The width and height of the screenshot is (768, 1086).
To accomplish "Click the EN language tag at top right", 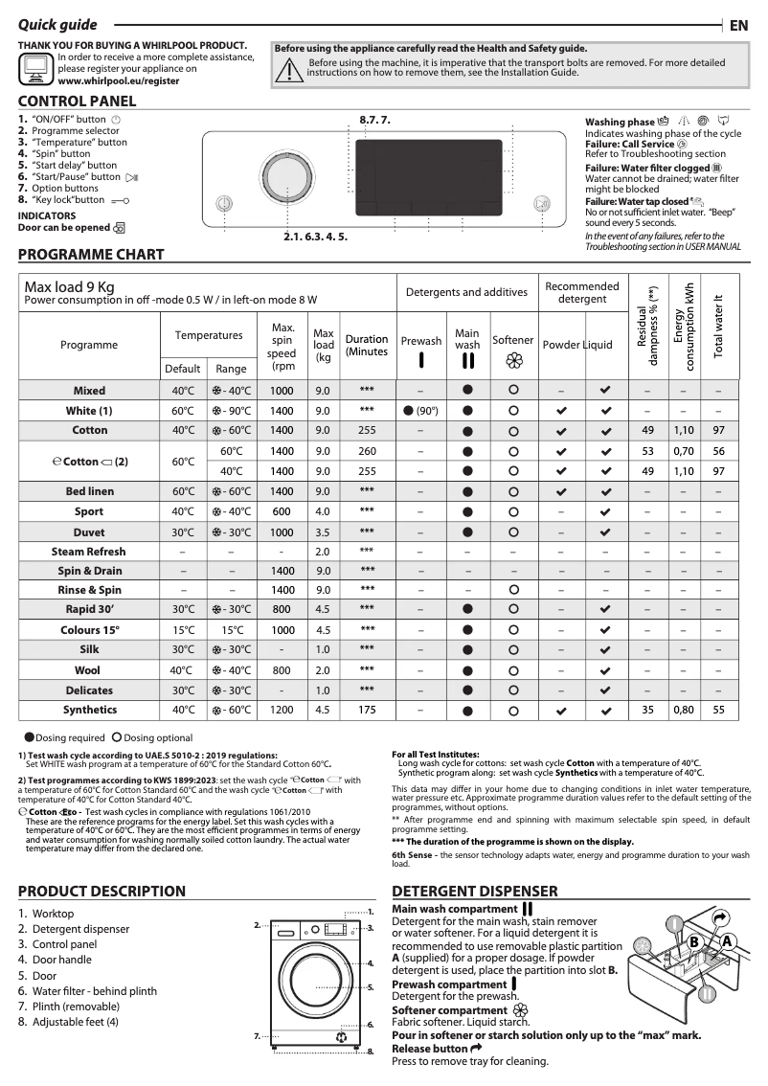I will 738,26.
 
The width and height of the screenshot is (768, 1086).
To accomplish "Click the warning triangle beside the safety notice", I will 287,69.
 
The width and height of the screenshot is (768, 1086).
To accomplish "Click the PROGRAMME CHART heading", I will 91,255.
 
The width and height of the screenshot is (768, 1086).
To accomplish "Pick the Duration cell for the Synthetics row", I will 367,711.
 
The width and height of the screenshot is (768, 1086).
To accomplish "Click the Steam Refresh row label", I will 88,552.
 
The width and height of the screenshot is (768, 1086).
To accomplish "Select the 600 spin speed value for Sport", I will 282,511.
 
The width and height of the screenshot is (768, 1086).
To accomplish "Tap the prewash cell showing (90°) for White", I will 420,411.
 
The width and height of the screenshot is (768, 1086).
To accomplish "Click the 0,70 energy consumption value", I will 683,451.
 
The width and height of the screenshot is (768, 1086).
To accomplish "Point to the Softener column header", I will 513,340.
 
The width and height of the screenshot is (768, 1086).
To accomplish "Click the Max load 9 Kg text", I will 69,286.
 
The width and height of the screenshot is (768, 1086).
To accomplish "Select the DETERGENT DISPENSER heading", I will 475,892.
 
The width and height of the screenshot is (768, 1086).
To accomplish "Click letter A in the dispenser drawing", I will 728,941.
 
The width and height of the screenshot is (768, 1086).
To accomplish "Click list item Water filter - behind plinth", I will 94,991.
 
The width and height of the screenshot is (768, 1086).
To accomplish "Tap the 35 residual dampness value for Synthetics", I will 648,711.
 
